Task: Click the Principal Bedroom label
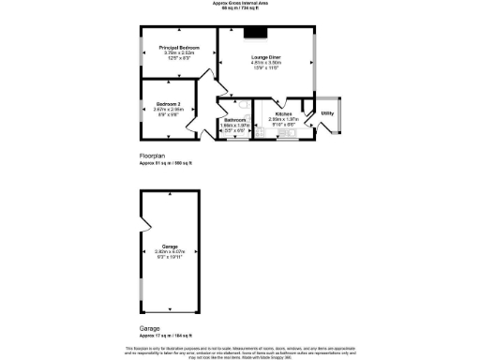click(178, 47)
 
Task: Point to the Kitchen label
click(283, 113)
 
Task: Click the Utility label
click(327, 113)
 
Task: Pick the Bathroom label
click(235, 120)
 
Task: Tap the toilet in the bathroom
click(238, 104)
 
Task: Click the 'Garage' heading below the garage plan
click(150, 329)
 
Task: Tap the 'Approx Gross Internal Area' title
click(238, 4)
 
